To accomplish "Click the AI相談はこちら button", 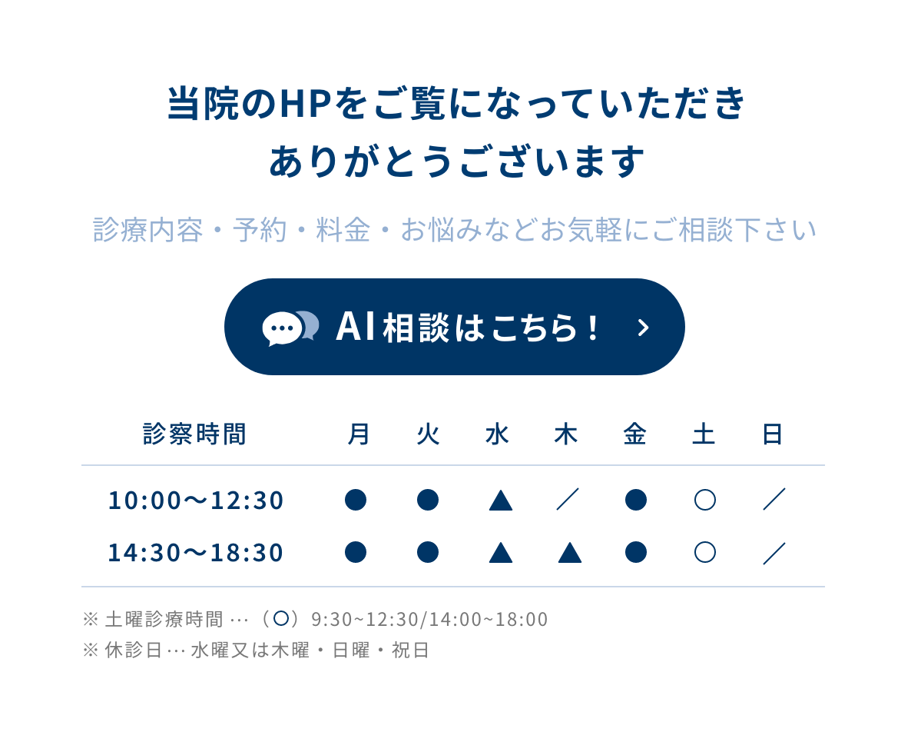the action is pyautogui.click(x=454, y=327).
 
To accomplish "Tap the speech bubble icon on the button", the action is pyautogui.click(x=290, y=328).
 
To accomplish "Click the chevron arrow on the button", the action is pyautogui.click(x=643, y=328).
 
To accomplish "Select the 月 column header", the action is pyautogui.click(x=359, y=434).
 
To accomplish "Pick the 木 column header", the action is pyautogui.click(x=566, y=434).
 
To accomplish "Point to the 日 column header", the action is pyautogui.click(x=772, y=434).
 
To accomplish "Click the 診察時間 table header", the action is pyautogui.click(x=194, y=434).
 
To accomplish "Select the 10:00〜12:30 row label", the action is pyautogui.click(x=196, y=500).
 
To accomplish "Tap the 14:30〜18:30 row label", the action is pyautogui.click(x=196, y=552).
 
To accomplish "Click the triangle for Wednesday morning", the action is pyautogui.click(x=501, y=501).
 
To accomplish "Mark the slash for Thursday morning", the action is pyautogui.click(x=568, y=499).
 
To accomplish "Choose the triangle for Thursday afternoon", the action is pyautogui.click(x=570, y=554).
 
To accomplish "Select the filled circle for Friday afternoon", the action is pyautogui.click(x=635, y=552).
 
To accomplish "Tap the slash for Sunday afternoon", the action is pyautogui.click(x=774, y=553).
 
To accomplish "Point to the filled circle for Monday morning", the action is pyautogui.click(x=356, y=500).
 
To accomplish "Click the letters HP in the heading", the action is pyautogui.click(x=305, y=104).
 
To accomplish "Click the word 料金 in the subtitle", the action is pyautogui.click(x=343, y=230).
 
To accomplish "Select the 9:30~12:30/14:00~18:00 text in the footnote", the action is pyautogui.click(x=429, y=620).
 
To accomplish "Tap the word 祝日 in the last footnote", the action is pyautogui.click(x=410, y=650).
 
